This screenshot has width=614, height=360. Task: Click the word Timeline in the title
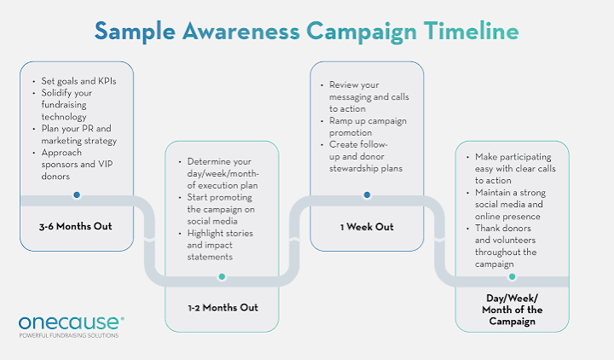[x=471, y=31]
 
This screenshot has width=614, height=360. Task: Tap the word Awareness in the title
[x=240, y=31]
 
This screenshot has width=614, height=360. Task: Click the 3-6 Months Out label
[x=76, y=226]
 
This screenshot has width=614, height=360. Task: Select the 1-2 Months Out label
[x=223, y=308]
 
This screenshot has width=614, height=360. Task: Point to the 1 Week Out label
[x=367, y=227]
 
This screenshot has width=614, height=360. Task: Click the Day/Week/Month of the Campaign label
[x=513, y=310]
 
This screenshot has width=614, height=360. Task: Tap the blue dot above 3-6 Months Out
[x=77, y=195]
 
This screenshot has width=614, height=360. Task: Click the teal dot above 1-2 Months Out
[x=222, y=276]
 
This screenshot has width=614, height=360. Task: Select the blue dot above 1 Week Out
[x=367, y=195]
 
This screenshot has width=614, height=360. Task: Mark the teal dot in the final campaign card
[x=512, y=276]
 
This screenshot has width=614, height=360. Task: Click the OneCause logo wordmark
[x=72, y=322]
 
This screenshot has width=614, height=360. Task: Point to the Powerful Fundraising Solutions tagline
[x=69, y=336]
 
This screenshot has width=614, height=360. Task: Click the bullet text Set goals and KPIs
[x=78, y=81]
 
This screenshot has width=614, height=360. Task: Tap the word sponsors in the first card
[x=58, y=164]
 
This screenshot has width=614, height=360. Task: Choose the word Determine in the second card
[x=208, y=161]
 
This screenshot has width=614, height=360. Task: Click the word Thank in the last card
[x=487, y=228]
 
